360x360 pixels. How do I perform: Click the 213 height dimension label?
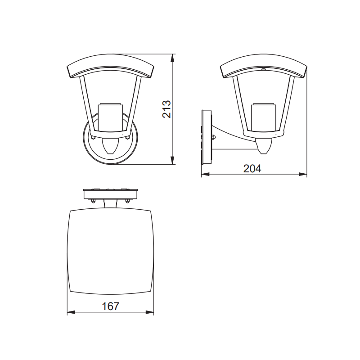coord(166,109)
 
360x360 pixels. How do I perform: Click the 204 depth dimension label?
coord(252,169)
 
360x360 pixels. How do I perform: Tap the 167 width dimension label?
coord(111,306)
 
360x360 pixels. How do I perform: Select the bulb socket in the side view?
coord(264,116)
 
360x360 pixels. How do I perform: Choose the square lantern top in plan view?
coord(111,252)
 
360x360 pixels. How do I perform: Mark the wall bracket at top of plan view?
coord(111,194)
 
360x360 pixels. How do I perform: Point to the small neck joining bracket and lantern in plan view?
coord(111,205)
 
